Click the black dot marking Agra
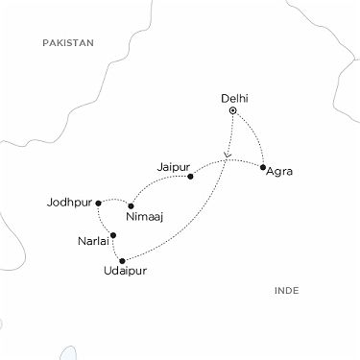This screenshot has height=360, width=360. pos(262,167)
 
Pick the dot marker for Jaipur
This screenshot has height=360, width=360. pos(191,177)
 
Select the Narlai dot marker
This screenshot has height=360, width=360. pos(113,235)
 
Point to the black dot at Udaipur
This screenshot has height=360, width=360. pos(122,260)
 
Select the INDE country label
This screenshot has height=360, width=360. pos(286,289)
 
